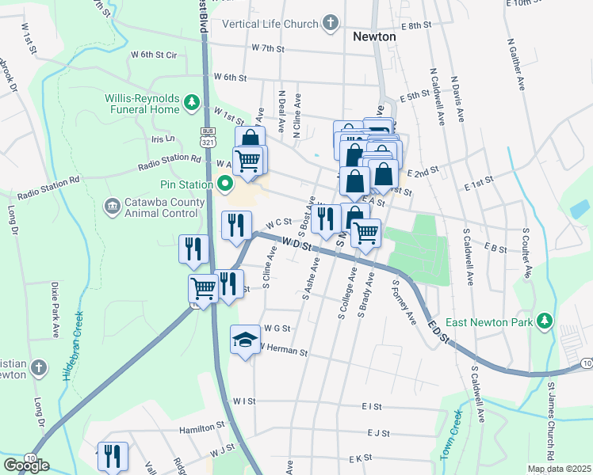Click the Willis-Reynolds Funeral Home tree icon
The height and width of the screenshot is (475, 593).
point(191,102)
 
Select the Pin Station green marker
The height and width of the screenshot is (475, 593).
point(224,185)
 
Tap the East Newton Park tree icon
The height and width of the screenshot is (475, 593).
point(544,320)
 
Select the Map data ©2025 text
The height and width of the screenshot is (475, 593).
point(558,469)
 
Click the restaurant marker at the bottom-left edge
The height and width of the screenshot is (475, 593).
point(113,456)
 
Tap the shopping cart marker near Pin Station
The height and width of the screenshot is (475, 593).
point(249,161)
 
